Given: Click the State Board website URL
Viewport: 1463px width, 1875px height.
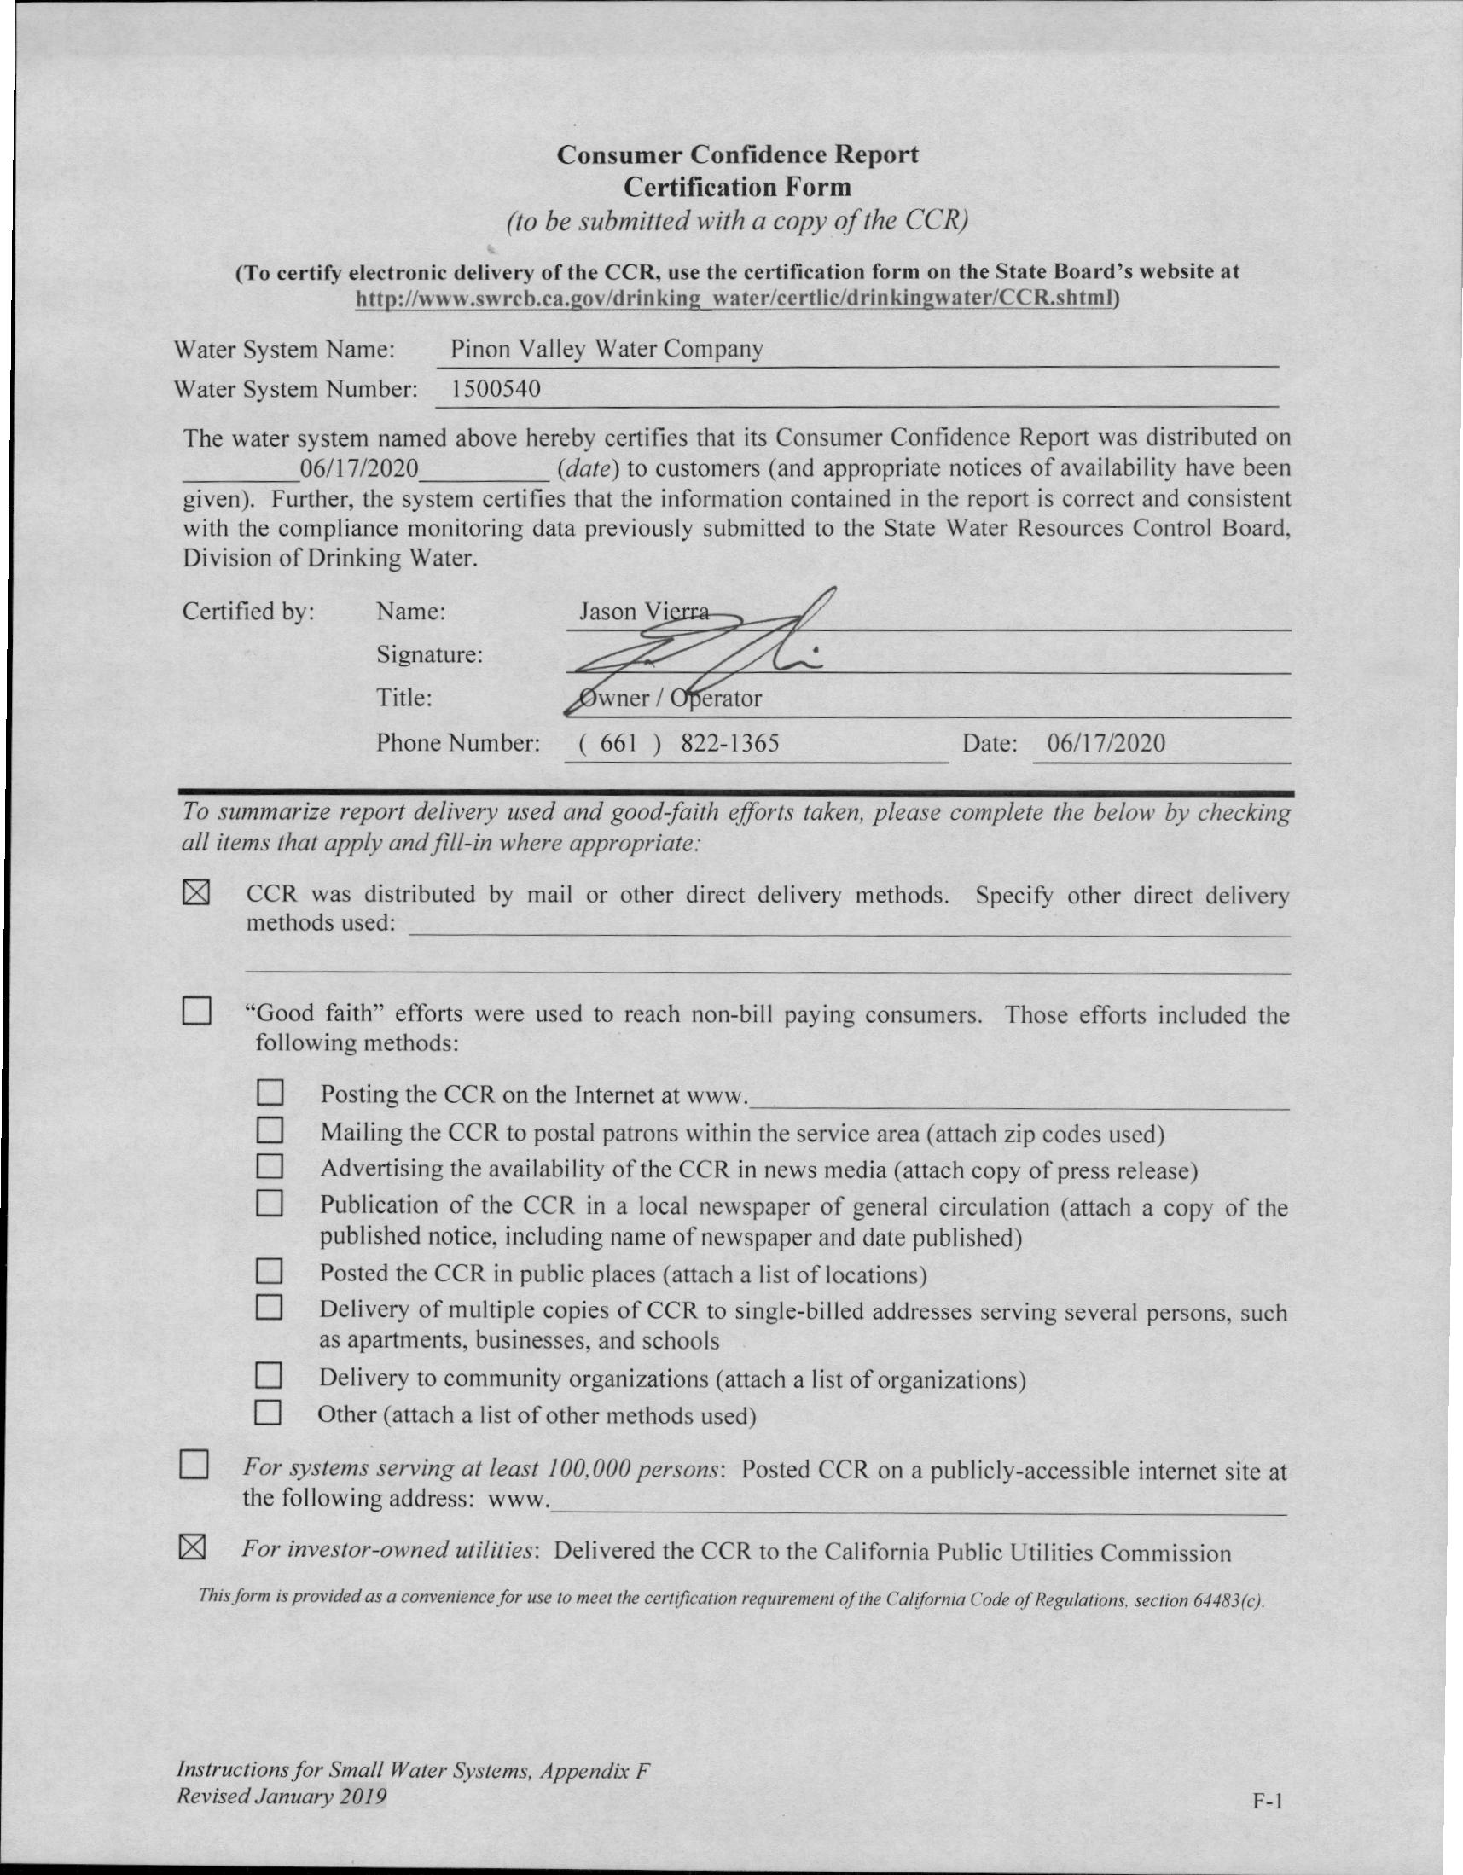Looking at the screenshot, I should click(x=736, y=298).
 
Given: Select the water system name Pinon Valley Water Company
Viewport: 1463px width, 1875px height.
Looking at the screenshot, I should click(x=607, y=350).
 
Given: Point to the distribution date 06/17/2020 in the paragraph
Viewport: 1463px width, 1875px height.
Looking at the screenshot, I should click(x=359, y=469).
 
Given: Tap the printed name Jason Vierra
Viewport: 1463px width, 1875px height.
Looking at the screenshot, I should click(x=643, y=612).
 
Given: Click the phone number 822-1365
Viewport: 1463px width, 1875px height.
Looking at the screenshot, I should click(x=729, y=743).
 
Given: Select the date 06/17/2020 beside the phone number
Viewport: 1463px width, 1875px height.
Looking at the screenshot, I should click(x=1106, y=743).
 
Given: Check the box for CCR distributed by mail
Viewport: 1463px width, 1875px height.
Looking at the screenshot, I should click(x=195, y=894).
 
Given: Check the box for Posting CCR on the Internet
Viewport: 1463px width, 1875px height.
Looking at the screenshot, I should click(x=270, y=1093).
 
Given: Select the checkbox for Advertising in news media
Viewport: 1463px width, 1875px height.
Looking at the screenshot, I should click(x=270, y=1167).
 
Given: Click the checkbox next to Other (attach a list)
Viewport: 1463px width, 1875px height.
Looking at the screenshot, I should click(x=269, y=1414).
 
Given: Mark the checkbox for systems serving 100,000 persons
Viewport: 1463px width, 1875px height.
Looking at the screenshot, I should click(x=194, y=1466).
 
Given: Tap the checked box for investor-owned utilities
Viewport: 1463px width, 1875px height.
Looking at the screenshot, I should click(x=193, y=1548).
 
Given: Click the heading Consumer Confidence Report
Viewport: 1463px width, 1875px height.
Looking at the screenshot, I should click(x=737, y=154).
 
